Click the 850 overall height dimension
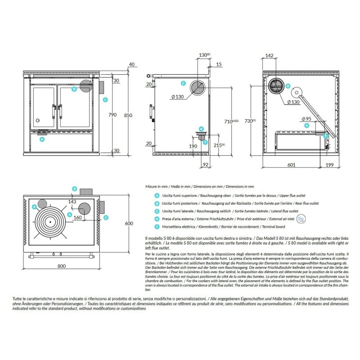128,116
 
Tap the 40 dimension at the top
131,64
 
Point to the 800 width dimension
62,266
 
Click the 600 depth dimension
129,224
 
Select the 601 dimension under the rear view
291,165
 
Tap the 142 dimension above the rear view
270,55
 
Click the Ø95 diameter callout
307,119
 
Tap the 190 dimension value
193,147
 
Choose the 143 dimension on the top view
72,202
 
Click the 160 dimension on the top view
77,218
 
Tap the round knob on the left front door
38,121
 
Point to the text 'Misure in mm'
157,186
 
